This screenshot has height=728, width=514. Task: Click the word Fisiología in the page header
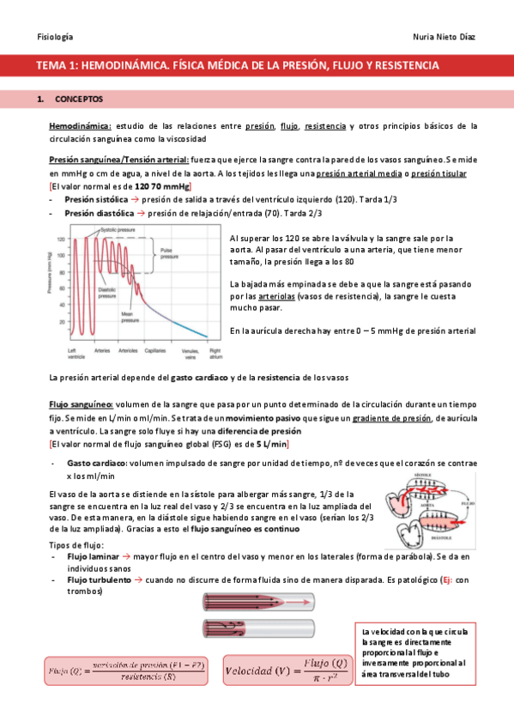[55, 37]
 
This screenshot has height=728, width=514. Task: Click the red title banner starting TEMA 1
[257, 65]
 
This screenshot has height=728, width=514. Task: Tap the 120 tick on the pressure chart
[62, 240]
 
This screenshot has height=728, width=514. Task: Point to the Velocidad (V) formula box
[286, 664]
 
